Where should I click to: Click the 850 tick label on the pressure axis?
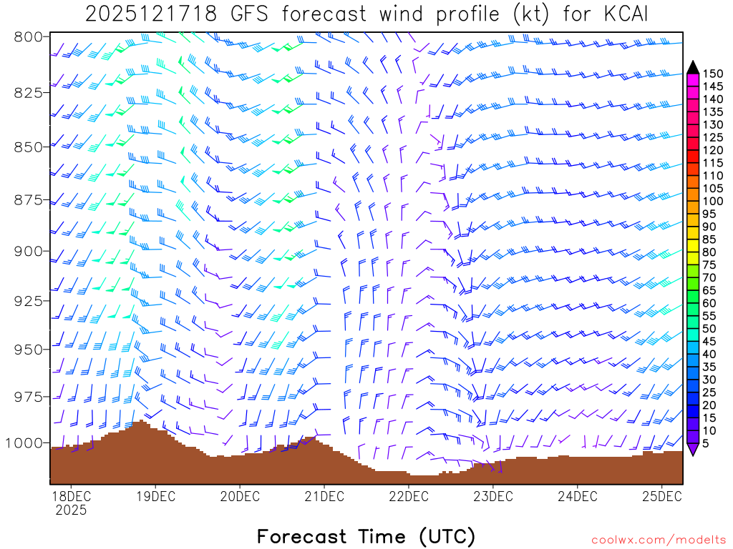28,147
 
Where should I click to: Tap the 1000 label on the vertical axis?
24,442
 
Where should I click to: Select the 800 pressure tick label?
28,36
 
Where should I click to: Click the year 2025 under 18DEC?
70,510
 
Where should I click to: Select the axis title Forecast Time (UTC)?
366,536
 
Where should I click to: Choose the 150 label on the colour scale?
713,74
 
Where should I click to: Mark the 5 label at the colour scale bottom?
706,443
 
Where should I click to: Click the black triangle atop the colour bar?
693,66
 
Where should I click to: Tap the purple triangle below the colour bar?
693,449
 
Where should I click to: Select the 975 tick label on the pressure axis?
28,397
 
